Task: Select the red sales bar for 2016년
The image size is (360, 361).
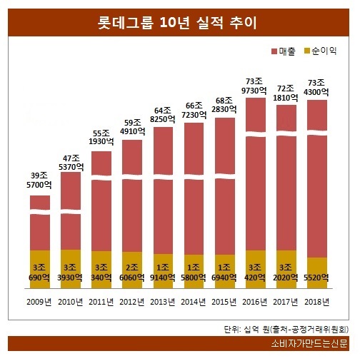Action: (x=255, y=178)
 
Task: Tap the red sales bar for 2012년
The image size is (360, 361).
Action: (x=132, y=200)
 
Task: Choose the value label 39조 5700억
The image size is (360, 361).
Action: (x=40, y=180)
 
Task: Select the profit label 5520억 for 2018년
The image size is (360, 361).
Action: (x=316, y=277)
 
